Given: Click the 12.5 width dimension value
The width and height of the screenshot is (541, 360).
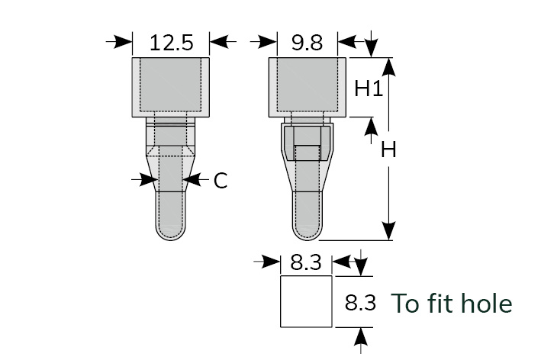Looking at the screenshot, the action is (172, 43).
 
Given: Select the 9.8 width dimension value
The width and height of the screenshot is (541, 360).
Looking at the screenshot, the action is (307, 43).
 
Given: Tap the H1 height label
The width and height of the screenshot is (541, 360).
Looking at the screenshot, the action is (369, 88).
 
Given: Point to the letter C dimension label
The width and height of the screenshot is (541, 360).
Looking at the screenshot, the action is (221, 180).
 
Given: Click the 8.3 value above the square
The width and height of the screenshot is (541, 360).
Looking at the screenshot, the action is (306, 262).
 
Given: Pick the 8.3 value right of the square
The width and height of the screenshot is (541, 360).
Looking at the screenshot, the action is (360, 303).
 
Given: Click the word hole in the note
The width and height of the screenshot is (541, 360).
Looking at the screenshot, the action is (487, 303).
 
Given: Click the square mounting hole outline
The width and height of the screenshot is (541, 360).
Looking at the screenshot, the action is (281, 302).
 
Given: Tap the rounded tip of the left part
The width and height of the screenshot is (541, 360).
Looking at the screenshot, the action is (170, 233).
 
